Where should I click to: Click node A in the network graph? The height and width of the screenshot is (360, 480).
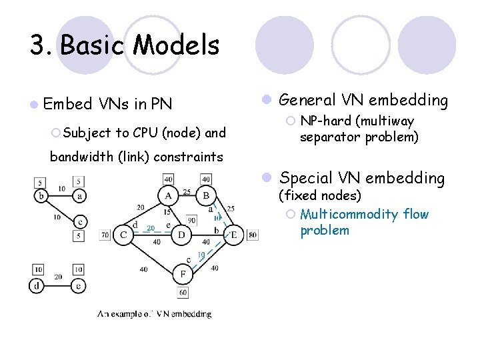pos(167,196)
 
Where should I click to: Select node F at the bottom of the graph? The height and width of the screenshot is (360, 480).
pos(183,274)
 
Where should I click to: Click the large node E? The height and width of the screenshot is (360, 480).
pos(234,235)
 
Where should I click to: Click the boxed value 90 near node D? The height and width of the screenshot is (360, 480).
pos(191,220)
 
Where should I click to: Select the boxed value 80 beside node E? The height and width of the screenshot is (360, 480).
pos(251,235)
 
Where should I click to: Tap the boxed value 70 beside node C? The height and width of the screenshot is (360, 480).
pos(105,235)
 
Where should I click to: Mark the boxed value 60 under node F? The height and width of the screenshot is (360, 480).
pos(183,293)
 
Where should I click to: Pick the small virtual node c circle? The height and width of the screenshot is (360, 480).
pos(79,221)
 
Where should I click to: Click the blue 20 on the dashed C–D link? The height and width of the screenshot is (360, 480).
pos(151,228)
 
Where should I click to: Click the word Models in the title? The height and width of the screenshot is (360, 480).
pos(176,45)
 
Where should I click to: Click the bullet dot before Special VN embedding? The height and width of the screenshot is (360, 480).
pos(265,178)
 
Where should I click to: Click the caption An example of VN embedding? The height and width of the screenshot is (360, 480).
pos(155,313)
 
